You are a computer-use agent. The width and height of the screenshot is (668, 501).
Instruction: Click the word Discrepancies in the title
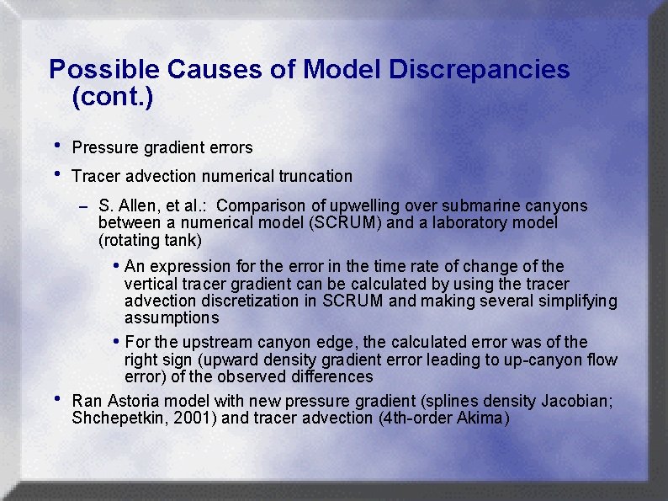coord(479,69)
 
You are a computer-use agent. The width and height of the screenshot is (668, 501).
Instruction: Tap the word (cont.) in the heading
coord(113,98)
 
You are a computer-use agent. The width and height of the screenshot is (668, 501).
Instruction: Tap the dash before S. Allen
coord(82,206)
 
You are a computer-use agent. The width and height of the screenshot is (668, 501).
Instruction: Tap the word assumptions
coord(172,318)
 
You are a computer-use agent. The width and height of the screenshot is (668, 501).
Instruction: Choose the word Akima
coord(480,418)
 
